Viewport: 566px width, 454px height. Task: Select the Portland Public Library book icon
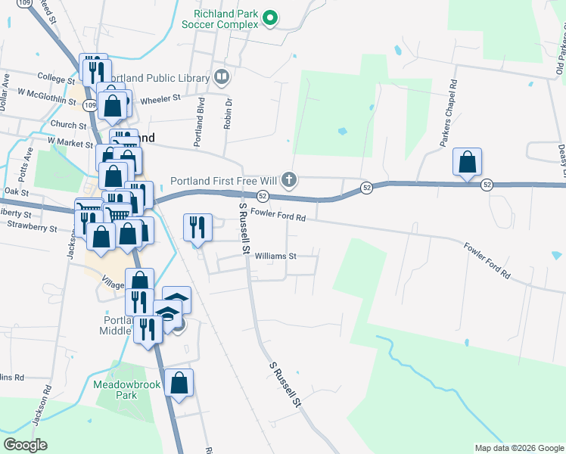pos(222,76)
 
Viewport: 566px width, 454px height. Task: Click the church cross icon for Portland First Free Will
pos(288,180)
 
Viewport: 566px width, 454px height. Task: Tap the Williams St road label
pos(275,256)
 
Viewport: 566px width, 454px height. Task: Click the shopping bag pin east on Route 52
pos(468,162)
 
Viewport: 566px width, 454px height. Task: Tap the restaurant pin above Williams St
pos(197,226)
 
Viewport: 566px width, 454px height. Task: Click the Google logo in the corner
pos(25,444)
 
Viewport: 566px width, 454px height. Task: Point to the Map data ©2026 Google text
pos(518,448)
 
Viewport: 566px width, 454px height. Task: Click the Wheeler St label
pos(160,98)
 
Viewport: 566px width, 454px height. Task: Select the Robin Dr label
pos(227,113)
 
